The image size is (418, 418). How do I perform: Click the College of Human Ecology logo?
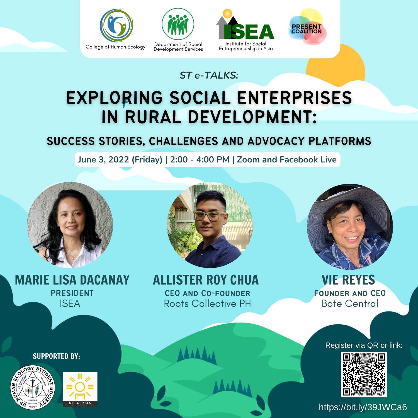116,26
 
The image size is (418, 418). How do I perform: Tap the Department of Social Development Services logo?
178,24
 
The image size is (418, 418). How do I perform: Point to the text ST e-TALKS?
209,75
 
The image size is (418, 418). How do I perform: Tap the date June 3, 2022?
103,160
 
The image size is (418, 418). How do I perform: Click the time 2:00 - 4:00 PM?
200,160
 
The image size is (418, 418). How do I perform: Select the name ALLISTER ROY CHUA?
206,280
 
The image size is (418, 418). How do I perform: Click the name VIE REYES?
348,280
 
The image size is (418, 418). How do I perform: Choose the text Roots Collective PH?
207,303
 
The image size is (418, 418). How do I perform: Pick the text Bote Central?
350,303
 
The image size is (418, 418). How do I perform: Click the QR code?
364,374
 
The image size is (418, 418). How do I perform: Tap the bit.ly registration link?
363,407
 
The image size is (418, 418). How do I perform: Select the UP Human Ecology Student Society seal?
33,388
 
